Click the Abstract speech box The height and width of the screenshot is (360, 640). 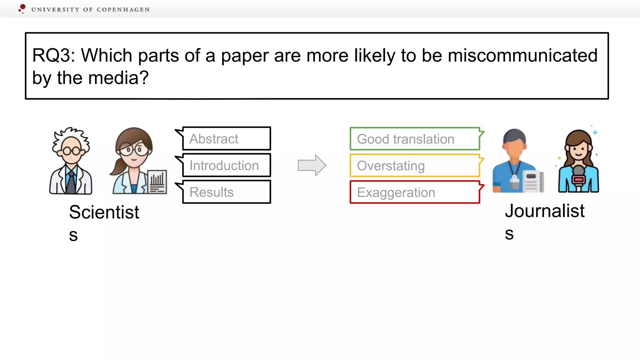coord(227,138)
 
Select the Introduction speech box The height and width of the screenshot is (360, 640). coord(227,165)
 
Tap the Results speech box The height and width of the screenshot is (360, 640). coord(227,192)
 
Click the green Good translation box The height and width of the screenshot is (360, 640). coord(415,139)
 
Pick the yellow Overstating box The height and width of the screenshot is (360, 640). coord(415,166)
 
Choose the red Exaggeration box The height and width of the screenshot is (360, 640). coord(415,192)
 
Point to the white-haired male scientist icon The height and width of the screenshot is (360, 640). coord(71,161)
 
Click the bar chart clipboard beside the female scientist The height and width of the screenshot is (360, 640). coord(157,182)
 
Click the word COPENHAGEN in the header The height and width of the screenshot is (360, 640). coord(123,10)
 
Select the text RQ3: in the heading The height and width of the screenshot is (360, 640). coord(53,56)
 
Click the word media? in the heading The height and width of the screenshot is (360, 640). coord(118,78)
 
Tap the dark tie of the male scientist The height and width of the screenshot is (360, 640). coord(71,182)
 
